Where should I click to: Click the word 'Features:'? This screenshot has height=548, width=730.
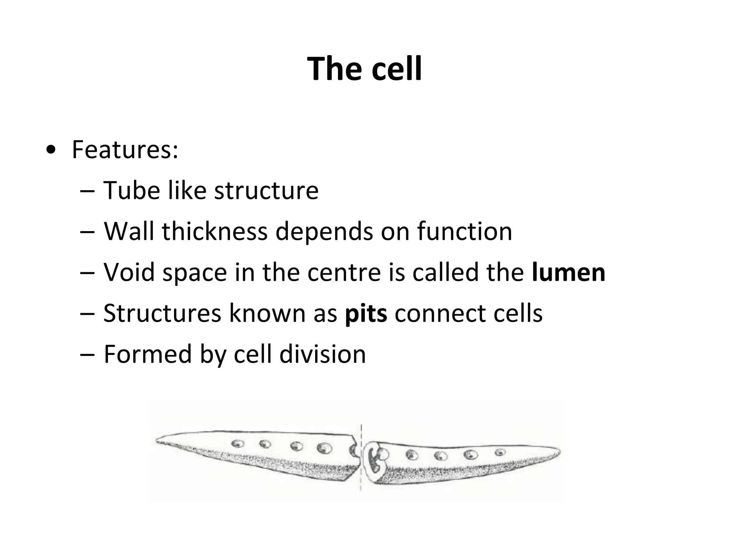pos(125,150)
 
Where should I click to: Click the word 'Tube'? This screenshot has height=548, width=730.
pos(132,191)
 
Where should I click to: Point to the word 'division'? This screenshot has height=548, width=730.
pos(322,355)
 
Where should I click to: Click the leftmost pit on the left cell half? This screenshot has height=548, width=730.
pos(238,444)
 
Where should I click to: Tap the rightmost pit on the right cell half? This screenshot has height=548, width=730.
pos(500,452)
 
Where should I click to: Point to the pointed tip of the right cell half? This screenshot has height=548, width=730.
pos(559,452)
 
